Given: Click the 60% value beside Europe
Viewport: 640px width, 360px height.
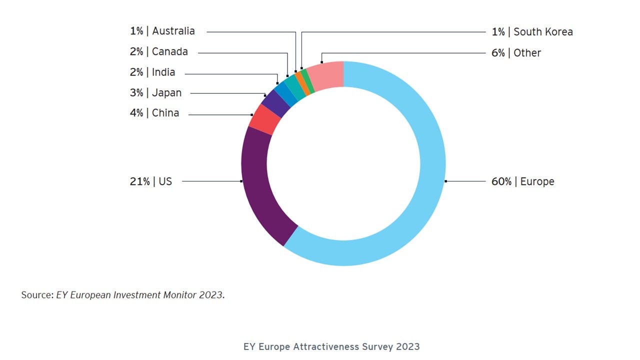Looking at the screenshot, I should coord(501,181).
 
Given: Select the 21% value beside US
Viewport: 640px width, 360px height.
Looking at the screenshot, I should coord(139,181).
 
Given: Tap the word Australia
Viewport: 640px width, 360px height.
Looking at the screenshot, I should coord(173,31).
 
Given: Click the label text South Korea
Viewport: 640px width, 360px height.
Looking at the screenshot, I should coord(543,32).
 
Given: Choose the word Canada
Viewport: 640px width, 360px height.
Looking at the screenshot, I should coord(170,51).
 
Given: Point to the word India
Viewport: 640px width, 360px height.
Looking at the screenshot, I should coord(163,72).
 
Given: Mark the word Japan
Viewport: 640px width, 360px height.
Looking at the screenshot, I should coord(166,93).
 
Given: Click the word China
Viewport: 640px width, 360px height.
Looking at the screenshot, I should coord(165,113).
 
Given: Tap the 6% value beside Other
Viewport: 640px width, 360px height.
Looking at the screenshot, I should coord(498,53).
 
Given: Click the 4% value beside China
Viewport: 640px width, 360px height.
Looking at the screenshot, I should coord(136,113).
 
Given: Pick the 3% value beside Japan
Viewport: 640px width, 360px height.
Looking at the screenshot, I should coord(136,93).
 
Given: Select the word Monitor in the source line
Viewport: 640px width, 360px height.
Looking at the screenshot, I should coord(180,295).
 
